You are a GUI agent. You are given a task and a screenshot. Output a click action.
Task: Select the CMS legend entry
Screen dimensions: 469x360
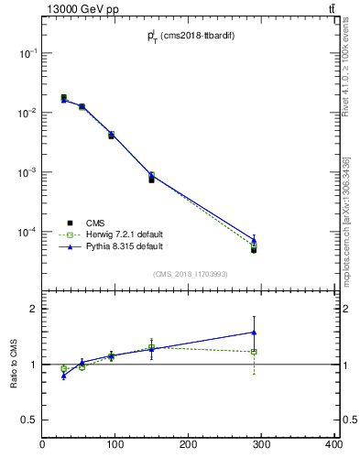[x=95, y=223]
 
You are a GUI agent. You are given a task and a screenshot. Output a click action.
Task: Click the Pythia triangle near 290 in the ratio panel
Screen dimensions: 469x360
[x=254, y=332]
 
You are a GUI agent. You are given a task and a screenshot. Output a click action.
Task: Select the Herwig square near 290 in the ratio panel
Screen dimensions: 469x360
[x=254, y=352]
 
